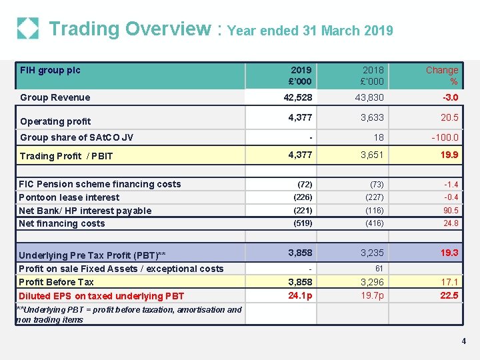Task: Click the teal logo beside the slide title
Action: coord(27,29)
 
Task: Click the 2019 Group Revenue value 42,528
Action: coord(297,97)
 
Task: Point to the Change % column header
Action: coord(442,75)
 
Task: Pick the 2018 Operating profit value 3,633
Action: coord(372,118)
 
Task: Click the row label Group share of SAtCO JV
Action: coord(77,137)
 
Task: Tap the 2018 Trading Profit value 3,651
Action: coord(372,156)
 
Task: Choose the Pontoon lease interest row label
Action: coord(69,197)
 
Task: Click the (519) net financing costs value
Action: coord(303,224)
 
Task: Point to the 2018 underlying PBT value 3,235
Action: coord(372,253)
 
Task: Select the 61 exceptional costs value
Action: coord(379,269)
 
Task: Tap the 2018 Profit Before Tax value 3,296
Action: coord(372,282)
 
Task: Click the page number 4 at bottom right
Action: coord(463,341)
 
